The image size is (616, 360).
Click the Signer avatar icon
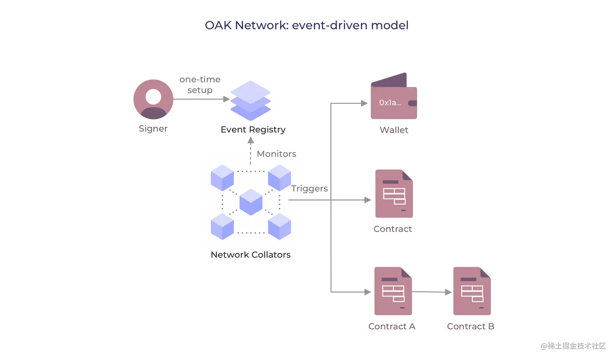tap(154, 99)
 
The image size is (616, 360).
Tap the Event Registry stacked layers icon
tap(250, 101)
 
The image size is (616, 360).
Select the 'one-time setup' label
tap(200, 84)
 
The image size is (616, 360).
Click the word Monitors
tap(276, 154)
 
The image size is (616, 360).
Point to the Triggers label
tap(309, 188)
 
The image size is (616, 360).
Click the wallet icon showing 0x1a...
tap(394, 96)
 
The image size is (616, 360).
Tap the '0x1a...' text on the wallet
tap(390, 103)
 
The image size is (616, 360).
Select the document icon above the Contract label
tap(394, 194)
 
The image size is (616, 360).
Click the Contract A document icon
tap(393, 291)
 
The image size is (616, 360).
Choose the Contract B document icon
tap(472, 291)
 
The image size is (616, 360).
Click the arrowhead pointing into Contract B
tap(448, 292)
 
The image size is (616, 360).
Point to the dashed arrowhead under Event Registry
tap(251, 141)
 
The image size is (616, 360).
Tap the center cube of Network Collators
tap(251, 202)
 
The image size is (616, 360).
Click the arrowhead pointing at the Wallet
tap(364, 103)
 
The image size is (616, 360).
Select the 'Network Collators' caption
tap(251, 254)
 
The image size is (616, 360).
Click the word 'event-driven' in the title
tap(330, 25)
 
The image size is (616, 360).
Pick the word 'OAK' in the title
tap(218, 25)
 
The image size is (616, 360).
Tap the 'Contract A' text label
tap(392, 326)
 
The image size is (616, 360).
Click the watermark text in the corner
tap(573, 346)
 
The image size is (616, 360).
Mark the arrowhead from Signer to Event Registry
tap(227, 99)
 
